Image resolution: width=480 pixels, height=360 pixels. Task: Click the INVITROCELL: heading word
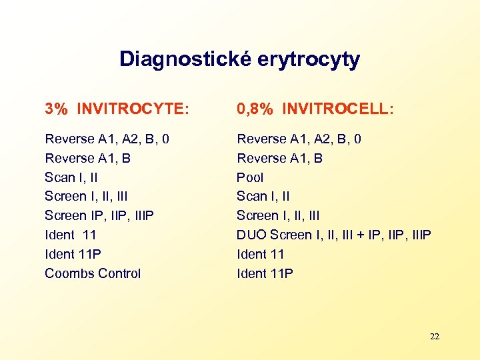click(338, 109)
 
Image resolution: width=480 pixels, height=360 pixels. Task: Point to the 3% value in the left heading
click(57, 109)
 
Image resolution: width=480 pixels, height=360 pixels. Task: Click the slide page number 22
click(435, 337)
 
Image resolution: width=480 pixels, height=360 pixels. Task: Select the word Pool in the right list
click(250, 177)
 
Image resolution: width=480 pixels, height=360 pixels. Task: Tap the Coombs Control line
click(93, 273)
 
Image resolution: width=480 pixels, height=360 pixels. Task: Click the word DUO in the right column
click(251, 235)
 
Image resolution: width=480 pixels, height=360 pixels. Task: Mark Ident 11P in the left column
click(73, 254)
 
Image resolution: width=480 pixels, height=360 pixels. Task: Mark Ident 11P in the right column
click(265, 273)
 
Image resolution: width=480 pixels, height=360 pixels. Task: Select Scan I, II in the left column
click(71, 177)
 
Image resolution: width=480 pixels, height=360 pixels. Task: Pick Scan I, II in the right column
click(263, 196)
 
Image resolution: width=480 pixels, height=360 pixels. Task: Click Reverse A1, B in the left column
click(87, 158)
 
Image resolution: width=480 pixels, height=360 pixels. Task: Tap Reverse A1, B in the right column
click(279, 158)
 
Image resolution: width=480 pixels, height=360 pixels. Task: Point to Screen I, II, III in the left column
click(86, 196)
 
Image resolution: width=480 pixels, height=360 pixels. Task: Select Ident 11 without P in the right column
click(261, 254)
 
